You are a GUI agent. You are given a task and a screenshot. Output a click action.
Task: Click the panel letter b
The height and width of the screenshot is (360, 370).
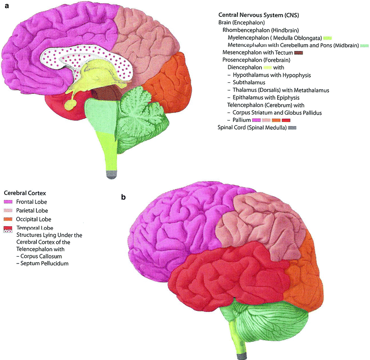(x=123, y=198)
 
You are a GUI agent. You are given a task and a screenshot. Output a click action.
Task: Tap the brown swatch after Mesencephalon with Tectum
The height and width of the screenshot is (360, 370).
(x=299, y=53)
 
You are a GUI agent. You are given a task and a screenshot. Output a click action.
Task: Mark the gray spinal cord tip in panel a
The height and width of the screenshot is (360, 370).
(x=111, y=173)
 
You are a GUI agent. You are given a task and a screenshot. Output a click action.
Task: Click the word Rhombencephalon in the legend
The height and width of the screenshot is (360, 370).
(x=243, y=30)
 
